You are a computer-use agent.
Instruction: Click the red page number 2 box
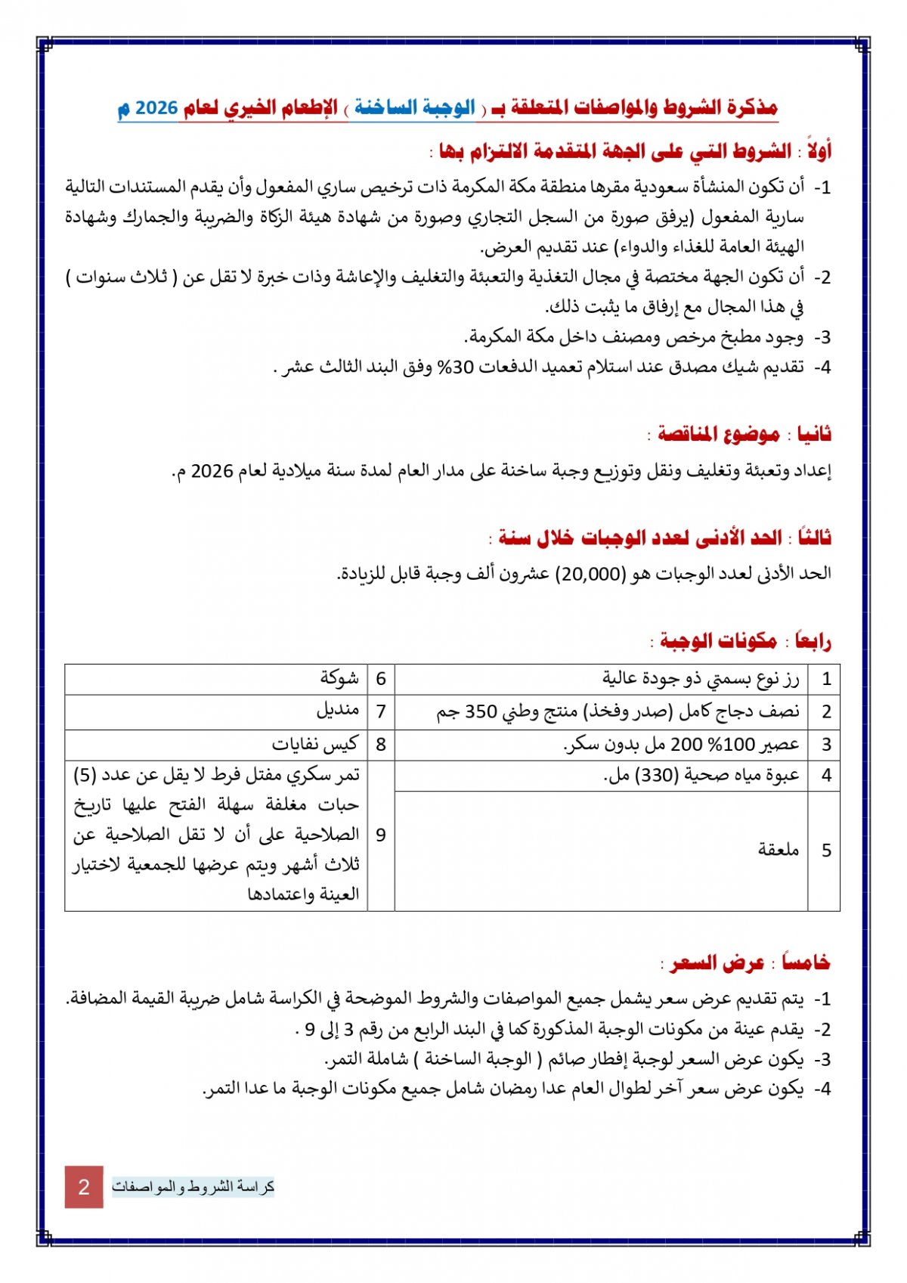coord(84,1186)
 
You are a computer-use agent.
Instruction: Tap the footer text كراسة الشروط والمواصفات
coord(193,1186)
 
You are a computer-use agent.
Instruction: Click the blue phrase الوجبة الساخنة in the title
coord(415,108)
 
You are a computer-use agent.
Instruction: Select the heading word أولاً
coord(817,151)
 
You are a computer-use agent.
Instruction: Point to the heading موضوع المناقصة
coord(718,434)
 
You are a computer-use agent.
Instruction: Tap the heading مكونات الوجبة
coord(718,641)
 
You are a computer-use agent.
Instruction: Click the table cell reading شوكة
coord(339,678)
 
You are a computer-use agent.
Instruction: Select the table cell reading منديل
coord(337,711)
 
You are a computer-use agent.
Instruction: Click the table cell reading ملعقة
coord(779,850)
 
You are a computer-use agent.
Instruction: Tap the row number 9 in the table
coord(381,835)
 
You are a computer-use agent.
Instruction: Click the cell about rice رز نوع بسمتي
coord(700,678)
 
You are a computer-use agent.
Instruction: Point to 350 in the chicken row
coord(479,711)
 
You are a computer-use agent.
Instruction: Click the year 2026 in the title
coord(156,108)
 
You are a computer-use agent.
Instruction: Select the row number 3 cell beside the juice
coord(826,745)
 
